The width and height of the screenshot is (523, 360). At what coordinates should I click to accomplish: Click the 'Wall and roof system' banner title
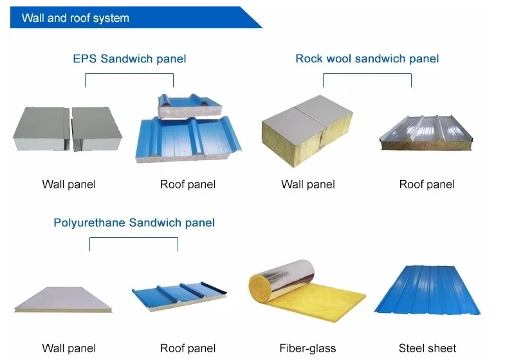point(75,18)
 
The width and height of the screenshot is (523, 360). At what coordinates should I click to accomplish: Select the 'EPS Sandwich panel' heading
point(129,59)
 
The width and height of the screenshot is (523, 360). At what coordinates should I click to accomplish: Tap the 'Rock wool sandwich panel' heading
point(367,59)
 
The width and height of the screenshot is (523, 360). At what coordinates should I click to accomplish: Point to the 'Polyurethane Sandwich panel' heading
point(134,223)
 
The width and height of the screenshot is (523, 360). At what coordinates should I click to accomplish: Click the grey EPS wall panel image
point(67,129)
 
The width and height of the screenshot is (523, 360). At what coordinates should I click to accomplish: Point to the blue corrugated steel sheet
point(427,292)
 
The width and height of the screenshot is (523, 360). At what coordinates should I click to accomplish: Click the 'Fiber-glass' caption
point(307,348)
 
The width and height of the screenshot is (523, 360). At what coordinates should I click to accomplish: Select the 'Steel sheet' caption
point(427,348)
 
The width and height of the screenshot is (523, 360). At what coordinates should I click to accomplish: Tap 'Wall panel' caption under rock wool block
point(308,184)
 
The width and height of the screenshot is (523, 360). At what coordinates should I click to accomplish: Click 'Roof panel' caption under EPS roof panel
point(188,184)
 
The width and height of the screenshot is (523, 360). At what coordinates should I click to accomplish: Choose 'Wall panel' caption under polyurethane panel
point(69,348)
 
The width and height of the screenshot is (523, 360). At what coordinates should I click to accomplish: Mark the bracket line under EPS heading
point(129,75)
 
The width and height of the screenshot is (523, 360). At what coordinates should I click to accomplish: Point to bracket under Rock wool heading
point(367,75)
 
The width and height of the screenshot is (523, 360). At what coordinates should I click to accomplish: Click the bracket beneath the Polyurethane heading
point(134,239)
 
